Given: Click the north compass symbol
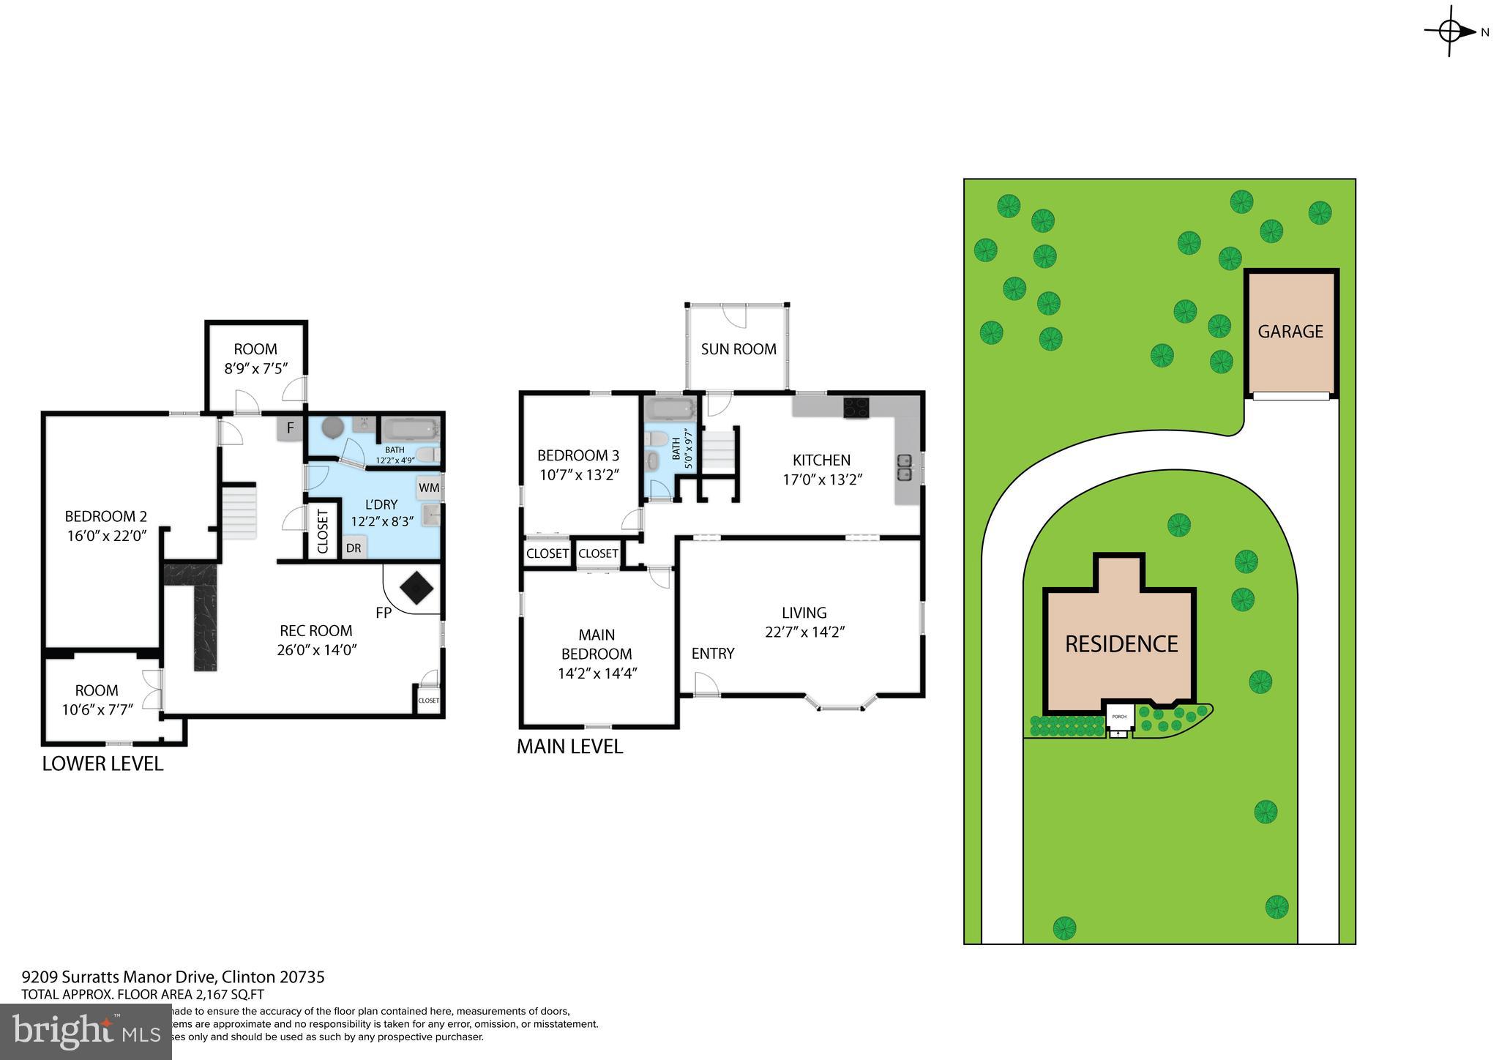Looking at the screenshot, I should click(x=1450, y=31).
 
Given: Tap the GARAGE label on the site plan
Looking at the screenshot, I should click(x=1290, y=332).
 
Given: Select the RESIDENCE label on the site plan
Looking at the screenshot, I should click(x=1121, y=644).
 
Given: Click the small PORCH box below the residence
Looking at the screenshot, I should click(x=1119, y=717).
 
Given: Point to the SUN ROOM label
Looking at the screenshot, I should click(x=738, y=349).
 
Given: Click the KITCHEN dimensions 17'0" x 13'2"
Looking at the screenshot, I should click(x=823, y=480).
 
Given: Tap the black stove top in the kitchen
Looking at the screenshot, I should click(x=856, y=407).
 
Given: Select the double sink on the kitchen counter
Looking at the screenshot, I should click(x=905, y=467).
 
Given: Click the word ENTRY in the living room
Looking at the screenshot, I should click(x=712, y=654).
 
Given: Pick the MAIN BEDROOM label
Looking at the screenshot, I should click(x=597, y=644).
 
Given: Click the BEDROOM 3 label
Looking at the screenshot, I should click(x=577, y=455).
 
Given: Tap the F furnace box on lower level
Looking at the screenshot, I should click(x=290, y=428).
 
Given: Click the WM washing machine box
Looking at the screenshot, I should click(x=429, y=488).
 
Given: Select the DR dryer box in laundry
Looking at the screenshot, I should click(x=354, y=548).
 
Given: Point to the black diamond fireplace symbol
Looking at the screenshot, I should click(x=416, y=588).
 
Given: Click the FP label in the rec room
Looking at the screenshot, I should click(x=384, y=613).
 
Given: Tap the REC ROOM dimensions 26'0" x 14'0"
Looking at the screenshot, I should click(x=316, y=650).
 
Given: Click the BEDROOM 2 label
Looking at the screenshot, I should click(x=106, y=516).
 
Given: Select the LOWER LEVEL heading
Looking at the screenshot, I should click(x=102, y=764).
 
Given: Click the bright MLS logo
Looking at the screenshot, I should click(x=86, y=1031).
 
